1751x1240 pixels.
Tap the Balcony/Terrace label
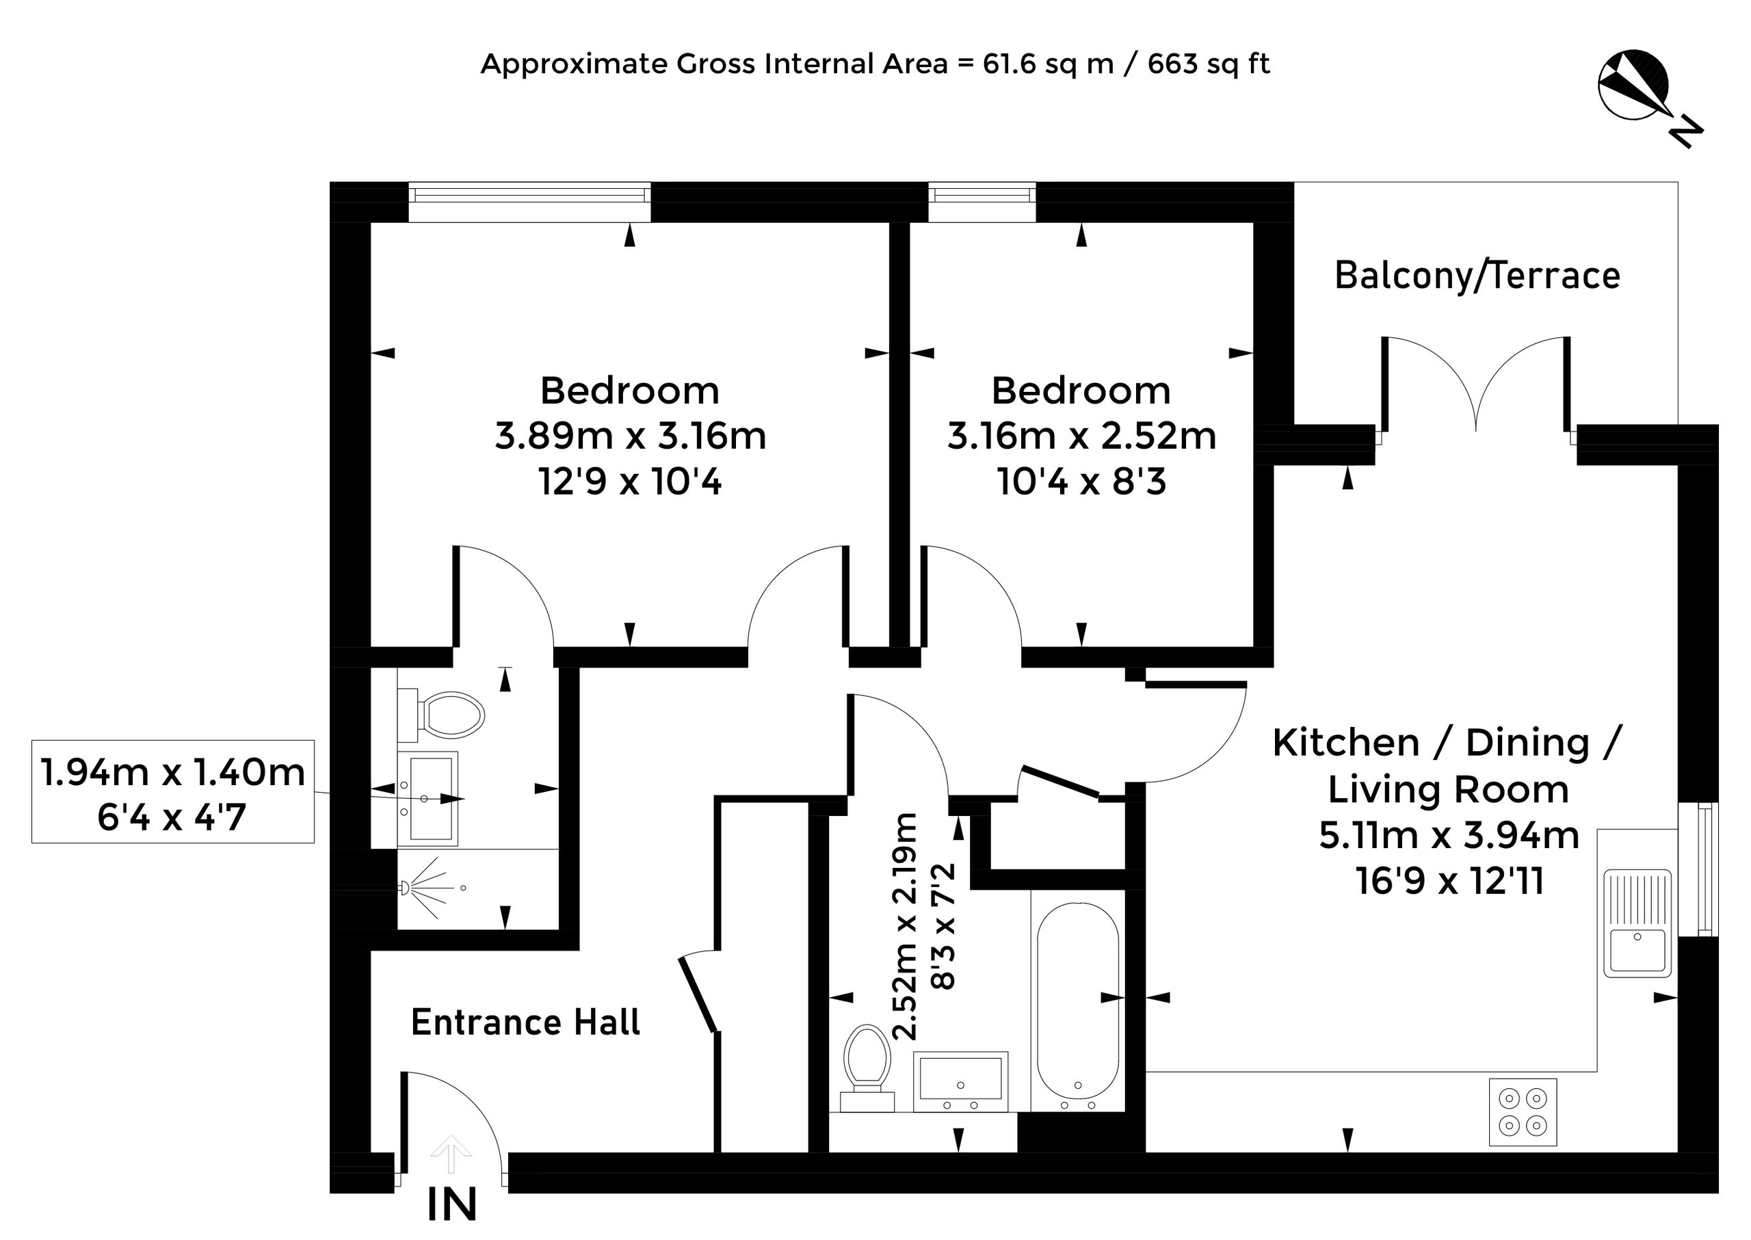click(x=1477, y=276)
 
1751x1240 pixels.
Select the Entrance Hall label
click(x=525, y=1022)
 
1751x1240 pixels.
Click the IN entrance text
click(x=451, y=1204)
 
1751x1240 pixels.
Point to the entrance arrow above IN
click(x=451, y=1154)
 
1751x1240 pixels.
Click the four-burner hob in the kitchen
click(x=1523, y=1111)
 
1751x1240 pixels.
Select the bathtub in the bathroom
click(x=1077, y=1001)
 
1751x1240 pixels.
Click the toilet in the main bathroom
click(x=867, y=1068)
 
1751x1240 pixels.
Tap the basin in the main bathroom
click(x=960, y=1081)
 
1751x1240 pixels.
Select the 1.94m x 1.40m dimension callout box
click(x=172, y=792)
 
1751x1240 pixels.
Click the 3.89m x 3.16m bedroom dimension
click(x=630, y=436)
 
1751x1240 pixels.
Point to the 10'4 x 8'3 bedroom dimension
click(x=1081, y=482)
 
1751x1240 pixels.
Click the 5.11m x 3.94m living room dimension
click(x=1449, y=835)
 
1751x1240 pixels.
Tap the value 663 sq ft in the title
click(x=1209, y=64)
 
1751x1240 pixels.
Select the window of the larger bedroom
click(x=529, y=202)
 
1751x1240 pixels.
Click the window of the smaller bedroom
click(x=982, y=202)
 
